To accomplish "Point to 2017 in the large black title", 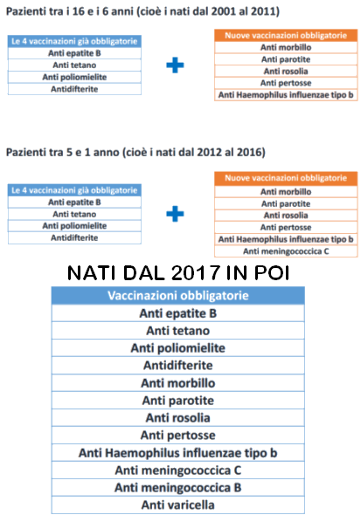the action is (195, 272).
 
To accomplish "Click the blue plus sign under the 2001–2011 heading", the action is (175, 65).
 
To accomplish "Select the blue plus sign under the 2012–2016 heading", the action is (175, 214).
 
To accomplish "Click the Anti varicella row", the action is (177, 505).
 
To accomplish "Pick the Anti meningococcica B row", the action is (177, 487).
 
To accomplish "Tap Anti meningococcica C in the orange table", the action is (286, 251).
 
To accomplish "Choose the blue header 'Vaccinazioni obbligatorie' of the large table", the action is (177, 296).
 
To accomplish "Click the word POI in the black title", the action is (272, 272).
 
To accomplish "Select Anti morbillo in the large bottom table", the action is (177, 383).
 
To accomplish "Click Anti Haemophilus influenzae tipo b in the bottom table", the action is (177, 453).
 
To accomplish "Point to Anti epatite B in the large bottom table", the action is (177, 313).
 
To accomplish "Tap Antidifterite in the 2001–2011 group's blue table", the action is (74, 89).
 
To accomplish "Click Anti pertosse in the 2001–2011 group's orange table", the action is (286, 83).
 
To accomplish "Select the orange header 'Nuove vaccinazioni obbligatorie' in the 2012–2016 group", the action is (286, 178).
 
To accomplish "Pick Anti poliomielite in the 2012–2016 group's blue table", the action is (74, 226).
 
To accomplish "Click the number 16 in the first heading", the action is (79, 11).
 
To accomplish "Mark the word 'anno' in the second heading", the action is (106, 153).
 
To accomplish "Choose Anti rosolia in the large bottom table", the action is (177, 418).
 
